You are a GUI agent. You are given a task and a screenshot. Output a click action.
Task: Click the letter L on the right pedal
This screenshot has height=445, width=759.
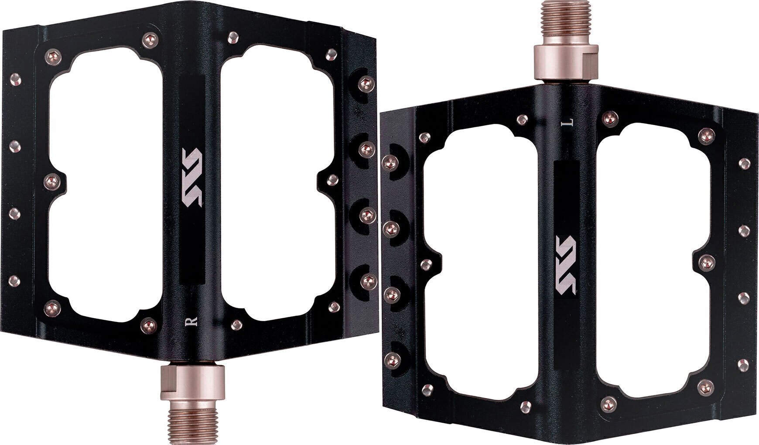568,123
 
